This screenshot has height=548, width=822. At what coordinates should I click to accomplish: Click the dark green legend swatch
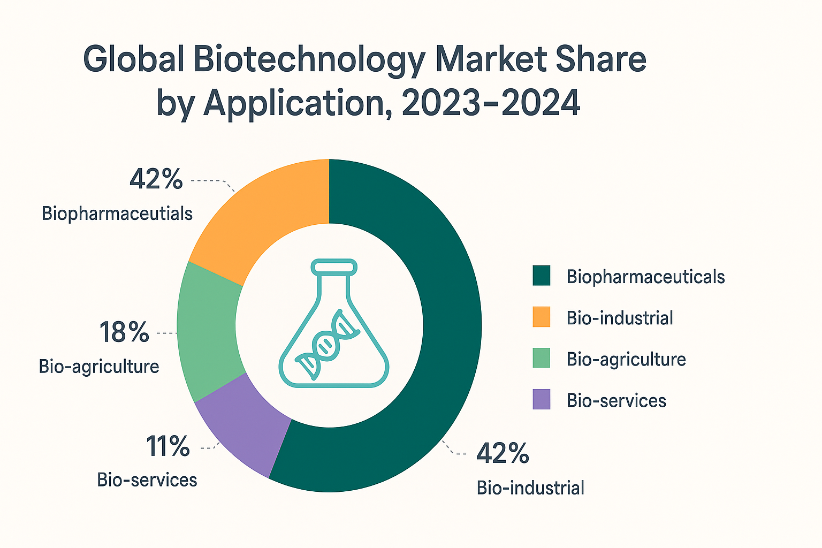542,277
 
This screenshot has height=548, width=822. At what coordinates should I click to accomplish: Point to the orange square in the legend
542,317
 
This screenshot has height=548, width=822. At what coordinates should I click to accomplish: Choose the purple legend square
542,400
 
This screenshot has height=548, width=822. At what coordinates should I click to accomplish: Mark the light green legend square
542,359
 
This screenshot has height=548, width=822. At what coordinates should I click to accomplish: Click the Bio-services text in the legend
616,400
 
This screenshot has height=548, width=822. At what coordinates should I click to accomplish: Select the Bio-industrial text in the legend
620,318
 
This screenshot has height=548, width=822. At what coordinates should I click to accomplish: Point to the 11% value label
168,446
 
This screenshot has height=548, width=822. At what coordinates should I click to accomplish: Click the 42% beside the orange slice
156,179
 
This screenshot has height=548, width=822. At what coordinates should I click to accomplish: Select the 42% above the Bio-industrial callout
503,453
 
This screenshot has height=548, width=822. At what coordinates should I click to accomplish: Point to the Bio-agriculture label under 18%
99,367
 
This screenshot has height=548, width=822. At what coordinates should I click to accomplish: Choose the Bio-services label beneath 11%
147,479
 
